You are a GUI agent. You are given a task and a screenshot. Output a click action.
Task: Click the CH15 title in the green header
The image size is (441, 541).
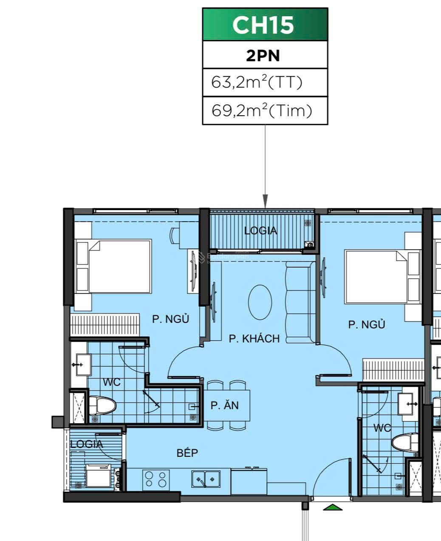click(263, 25)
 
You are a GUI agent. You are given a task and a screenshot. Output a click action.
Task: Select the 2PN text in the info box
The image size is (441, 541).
click(263, 56)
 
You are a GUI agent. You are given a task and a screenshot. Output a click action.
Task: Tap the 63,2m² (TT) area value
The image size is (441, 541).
click(257, 82)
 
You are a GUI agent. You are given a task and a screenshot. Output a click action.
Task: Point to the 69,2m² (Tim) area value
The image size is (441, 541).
click(262, 111)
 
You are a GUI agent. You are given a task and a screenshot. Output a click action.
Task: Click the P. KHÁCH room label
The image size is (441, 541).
click(254, 339)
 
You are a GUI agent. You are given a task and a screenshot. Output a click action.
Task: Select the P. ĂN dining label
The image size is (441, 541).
click(224, 405)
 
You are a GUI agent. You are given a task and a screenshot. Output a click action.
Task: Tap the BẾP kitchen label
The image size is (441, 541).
click(187, 453)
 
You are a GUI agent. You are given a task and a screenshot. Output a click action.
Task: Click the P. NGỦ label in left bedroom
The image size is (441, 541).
click(170, 319)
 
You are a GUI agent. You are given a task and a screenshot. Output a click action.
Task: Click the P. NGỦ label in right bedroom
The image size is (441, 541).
click(366, 325)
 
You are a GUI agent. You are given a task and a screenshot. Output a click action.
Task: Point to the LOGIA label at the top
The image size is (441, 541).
click(260, 231)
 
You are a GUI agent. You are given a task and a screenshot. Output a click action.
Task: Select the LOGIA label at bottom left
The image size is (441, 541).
click(87, 444)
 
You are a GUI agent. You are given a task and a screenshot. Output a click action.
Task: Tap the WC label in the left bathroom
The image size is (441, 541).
click(112, 382)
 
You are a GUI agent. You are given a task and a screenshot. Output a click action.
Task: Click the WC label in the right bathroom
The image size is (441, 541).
click(382, 428)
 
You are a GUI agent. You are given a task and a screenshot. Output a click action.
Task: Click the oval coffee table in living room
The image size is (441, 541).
click(260, 302)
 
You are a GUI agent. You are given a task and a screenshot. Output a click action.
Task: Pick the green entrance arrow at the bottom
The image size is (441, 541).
click(333, 507)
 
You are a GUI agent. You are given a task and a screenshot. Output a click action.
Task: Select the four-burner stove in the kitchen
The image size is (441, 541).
click(155, 479)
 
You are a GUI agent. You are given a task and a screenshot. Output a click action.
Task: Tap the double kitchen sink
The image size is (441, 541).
click(206, 479)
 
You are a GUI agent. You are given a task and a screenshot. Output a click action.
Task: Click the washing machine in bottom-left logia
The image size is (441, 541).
click(98, 475)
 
